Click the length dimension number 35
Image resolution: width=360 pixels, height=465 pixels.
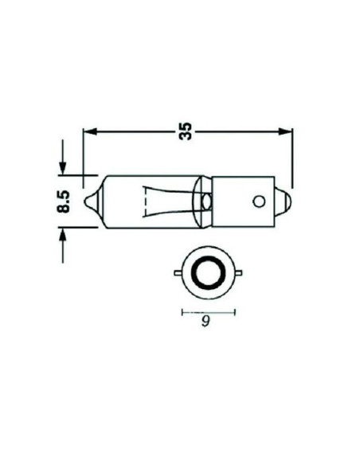click(187, 131)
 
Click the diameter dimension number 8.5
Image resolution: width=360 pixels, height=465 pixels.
click(67, 200)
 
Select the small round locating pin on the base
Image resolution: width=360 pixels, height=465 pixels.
click(258, 201)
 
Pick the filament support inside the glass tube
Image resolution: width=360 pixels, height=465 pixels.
click(169, 200)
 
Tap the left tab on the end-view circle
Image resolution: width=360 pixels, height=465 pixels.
click(178, 274)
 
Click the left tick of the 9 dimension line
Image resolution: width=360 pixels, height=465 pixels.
click(182, 311)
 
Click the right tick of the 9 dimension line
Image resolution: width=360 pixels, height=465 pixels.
click(235, 311)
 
